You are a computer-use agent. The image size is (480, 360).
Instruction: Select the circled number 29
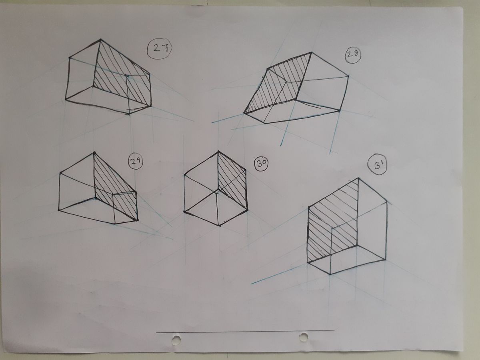point(135,162)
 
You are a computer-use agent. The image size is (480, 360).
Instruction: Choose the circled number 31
point(377,167)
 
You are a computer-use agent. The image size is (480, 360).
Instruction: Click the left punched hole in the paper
point(176,340)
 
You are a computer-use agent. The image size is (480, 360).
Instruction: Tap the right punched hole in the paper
point(303,337)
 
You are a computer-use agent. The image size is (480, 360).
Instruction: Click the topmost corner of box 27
point(100,39)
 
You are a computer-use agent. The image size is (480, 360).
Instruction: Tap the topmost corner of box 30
point(218,151)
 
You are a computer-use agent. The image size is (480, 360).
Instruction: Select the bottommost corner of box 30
point(219,225)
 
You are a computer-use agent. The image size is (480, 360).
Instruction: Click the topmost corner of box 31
point(358,178)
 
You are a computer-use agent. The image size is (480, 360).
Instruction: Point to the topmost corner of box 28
point(311,52)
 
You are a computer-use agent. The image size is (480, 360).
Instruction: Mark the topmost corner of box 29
point(94,152)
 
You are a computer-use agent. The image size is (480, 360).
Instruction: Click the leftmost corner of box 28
point(244,113)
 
